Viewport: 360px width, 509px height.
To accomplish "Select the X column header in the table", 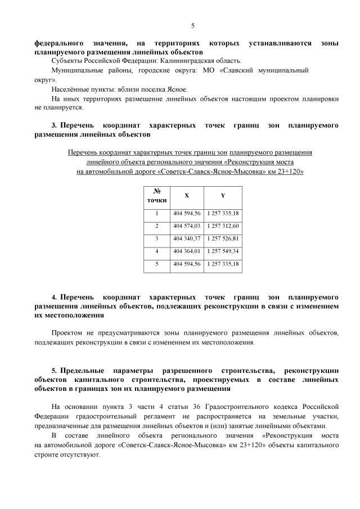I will point(187,196).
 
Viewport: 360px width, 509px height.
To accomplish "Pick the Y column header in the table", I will point(223,196).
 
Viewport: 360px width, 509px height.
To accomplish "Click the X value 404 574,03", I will point(187,226).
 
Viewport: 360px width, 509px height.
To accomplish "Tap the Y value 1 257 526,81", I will point(223,238).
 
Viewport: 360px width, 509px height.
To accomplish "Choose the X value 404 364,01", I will point(187,251).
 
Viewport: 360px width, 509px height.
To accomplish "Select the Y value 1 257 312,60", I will point(223,226).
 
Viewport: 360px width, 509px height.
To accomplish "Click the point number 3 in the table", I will point(157,238).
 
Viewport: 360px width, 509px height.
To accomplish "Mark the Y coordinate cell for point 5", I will point(223,263).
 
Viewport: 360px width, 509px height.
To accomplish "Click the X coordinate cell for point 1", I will point(187,213).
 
